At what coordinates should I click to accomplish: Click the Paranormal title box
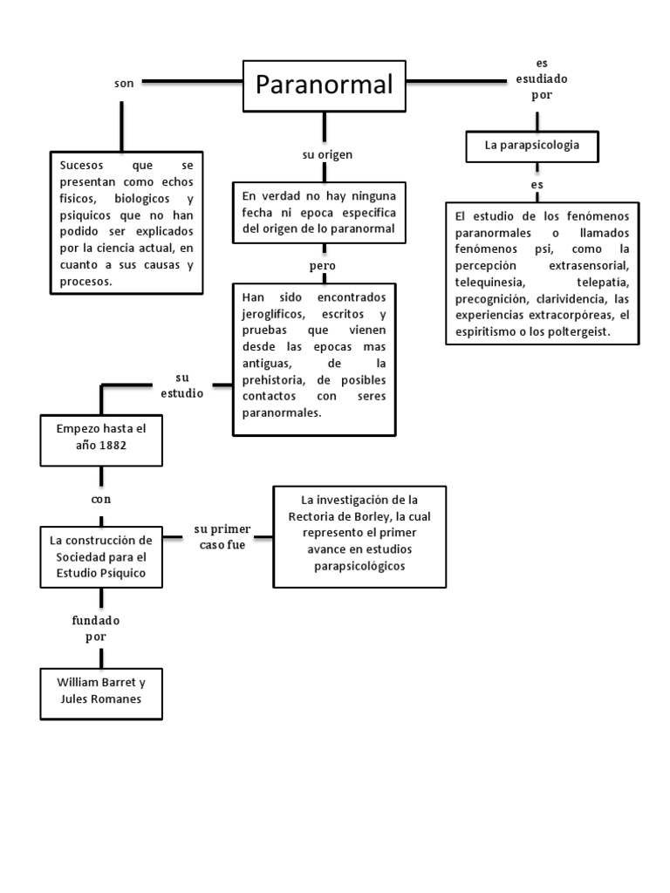tap(325, 86)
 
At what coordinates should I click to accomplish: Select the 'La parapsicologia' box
tap(532, 146)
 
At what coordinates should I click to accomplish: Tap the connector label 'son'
tap(124, 83)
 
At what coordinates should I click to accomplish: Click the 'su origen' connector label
tap(327, 155)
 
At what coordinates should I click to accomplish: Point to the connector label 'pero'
tap(322, 265)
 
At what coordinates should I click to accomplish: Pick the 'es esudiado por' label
tap(542, 80)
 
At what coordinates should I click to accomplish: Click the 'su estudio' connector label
tap(181, 385)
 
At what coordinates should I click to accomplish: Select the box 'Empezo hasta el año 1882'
tap(102, 437)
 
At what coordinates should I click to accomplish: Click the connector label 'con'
tap(102, 500)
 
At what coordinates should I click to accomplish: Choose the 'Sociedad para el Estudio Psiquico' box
tap(102, 556)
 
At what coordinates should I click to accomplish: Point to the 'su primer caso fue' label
tap(222, 536)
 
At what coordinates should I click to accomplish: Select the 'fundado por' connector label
tap(95, 628)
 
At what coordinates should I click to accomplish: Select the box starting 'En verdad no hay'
tap(319, 213)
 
